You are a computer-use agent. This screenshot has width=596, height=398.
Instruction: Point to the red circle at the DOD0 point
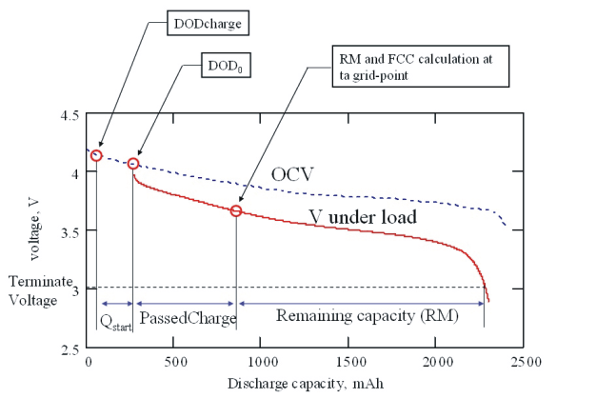133,164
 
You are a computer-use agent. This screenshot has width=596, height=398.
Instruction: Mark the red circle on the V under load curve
236,210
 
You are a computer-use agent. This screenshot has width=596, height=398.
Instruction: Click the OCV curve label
291,174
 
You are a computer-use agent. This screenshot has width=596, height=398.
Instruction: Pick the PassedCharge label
187,318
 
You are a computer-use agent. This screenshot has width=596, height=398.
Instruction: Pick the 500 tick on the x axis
173,363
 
